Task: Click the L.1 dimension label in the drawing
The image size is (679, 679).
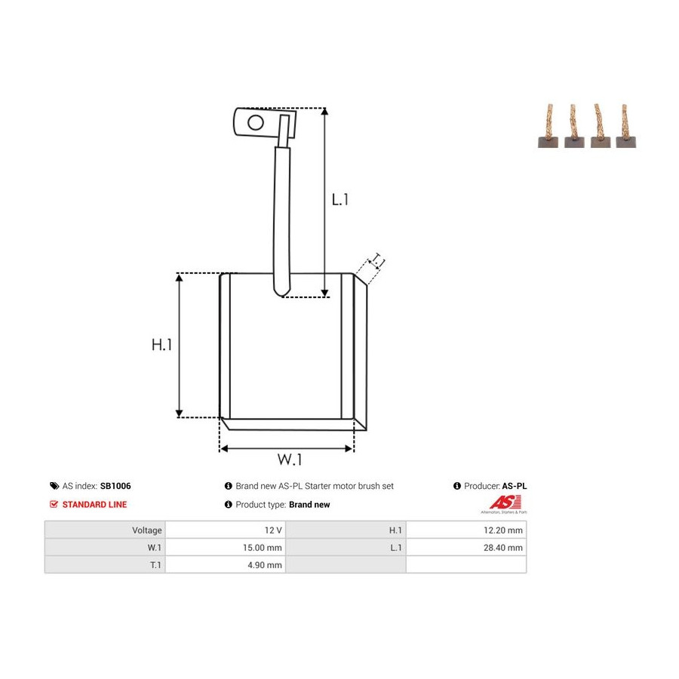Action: pyautogui.click(x=340, y=200)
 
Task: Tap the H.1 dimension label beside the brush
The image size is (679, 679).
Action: pyautogui.click(x=162, y=345)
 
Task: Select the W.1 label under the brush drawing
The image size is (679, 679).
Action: pyautogui.click(x=290, y=459)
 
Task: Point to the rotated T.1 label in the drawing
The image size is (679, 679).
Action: pyautogui.click(x=377, y=262)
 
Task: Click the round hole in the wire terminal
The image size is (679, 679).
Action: pyautogui.click(x=256, y=122)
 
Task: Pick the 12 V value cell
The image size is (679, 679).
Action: pyautogui.click(x=273, y=530)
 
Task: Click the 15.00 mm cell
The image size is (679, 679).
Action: pyautogui.click(x=263, y=548)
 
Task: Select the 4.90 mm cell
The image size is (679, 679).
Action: pyautogui.click(x=265, y=564)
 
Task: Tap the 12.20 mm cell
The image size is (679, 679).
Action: pyautogui.click(x=503, y=530)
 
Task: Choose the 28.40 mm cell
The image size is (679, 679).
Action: pyautogui.click(x=503, y=548)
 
